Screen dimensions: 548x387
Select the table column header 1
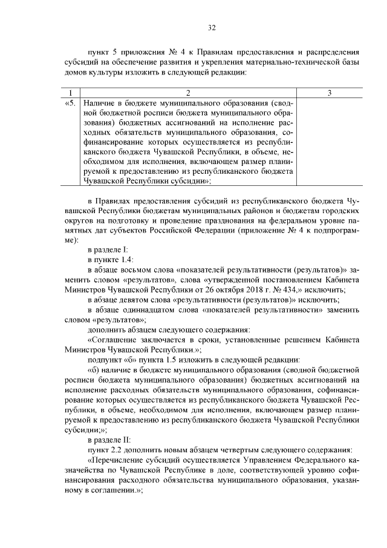click(x=71, y=93)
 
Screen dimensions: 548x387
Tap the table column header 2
click(x=188, y=93)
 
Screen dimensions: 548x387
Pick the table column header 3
click(x=328, y=93)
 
